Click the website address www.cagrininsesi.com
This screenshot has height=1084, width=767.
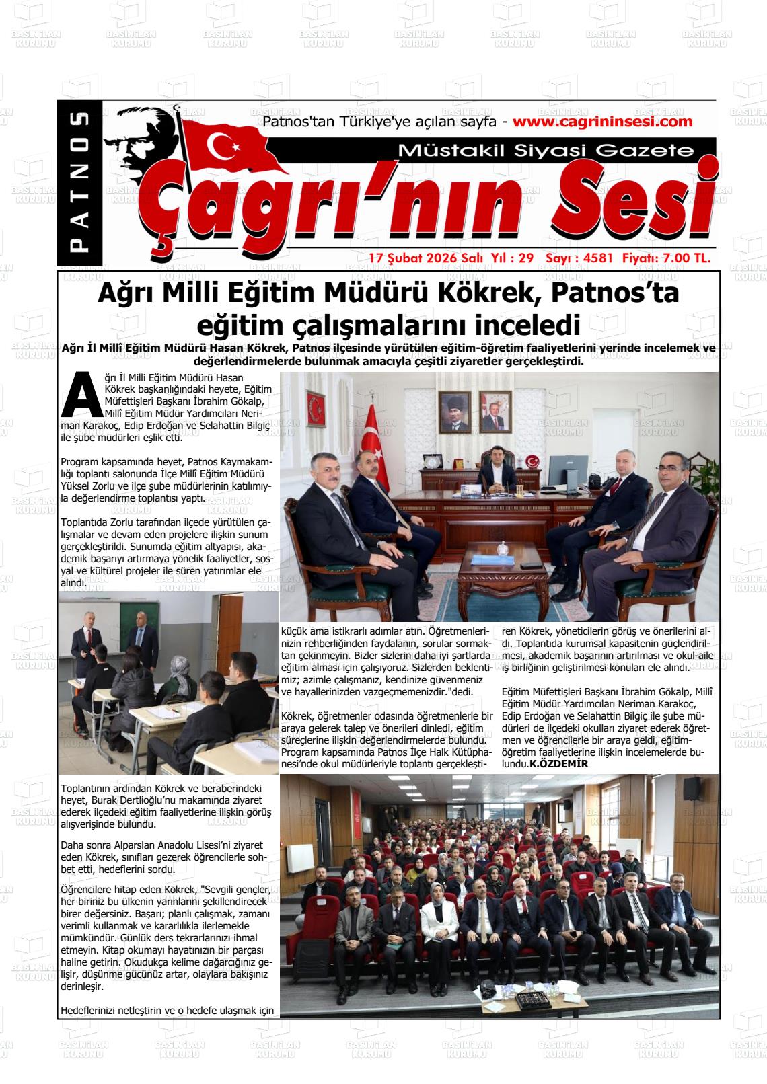pos(602,122)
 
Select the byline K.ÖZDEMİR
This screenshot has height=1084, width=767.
pos(558,764)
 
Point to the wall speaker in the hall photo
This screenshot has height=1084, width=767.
pos(692,789)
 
